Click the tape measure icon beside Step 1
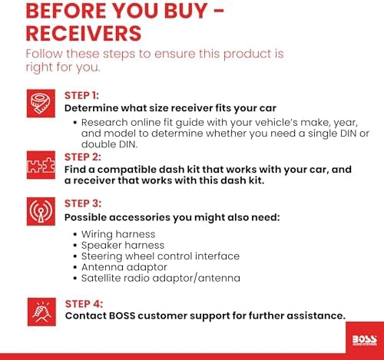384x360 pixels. [x=41, y=104]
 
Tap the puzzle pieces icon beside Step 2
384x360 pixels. [x=41, y=165]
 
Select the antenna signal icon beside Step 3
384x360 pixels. [x=41, y=211]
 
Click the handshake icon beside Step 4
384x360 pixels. [x=41, y=312]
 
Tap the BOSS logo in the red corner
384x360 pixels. [x=365, y=340]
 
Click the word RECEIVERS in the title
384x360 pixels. [x=84, y=34]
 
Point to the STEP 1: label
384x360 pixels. [x=81, y=96]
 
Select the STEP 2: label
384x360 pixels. [x=83, y=157]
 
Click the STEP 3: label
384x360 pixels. [x=83, y=203]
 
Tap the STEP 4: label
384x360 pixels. [x=84, y=304]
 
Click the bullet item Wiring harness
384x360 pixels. [x=118, y=234]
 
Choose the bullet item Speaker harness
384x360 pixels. [x=123, y=246]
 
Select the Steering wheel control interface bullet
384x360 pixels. [x=161, y=256]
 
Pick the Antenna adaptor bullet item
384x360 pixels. [x=124, y=267]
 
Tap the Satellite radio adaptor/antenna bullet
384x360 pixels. [x=161, y=278]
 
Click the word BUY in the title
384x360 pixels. [x=186, y=11]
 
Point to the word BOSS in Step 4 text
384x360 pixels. [x=122, y=315]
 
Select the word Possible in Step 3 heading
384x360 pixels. [x=85, y=217]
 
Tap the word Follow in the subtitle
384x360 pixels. [x=44, y=54]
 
